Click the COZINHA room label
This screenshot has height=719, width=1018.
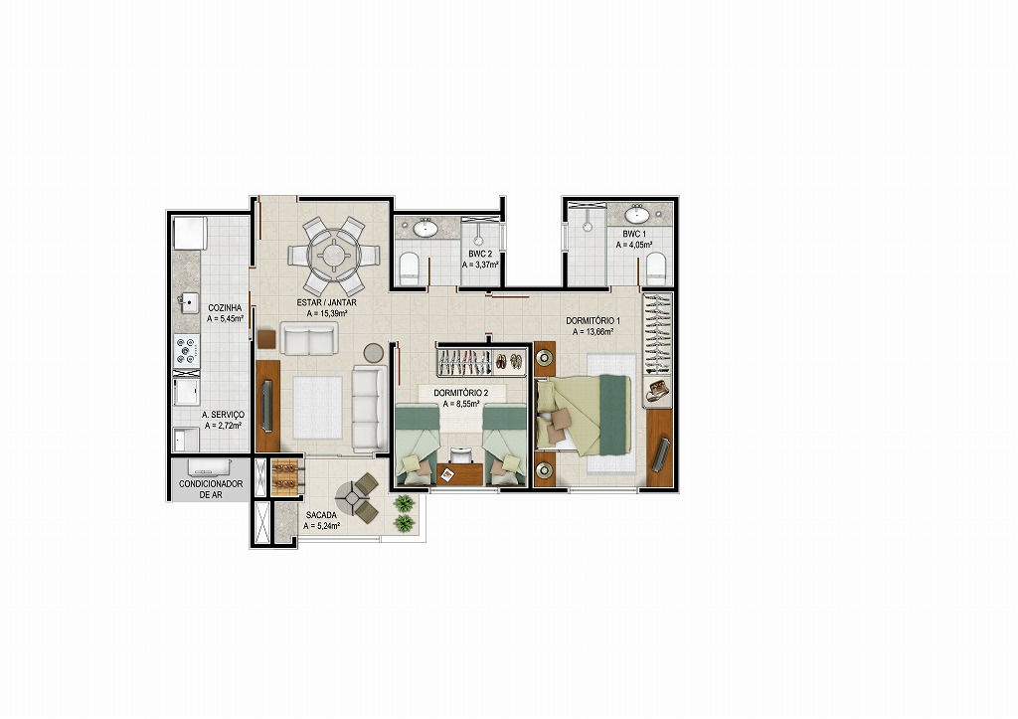click(x=225, y=308)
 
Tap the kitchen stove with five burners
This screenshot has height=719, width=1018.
click(x=187, y=349)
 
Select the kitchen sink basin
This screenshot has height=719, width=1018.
click(x=189, y=302)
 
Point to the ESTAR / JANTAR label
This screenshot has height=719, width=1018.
click(x=326, y=302)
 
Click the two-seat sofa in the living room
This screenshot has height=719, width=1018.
click(x=309, y=338)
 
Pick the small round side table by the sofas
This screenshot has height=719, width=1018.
click(x=374, y=353)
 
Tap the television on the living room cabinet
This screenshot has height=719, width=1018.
click(x=266, y=406)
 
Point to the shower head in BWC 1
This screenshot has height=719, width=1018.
click(x=587, y=227)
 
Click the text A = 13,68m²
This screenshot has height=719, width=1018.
click(x=594, y=332)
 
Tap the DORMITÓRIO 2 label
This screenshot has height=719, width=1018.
click(x=460, y=393)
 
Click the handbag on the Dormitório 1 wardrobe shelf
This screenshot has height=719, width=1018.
click(x=658, y=389)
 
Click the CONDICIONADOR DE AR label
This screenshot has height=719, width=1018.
click(x=211, y=489)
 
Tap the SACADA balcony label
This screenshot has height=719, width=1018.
click(x=321, y=516)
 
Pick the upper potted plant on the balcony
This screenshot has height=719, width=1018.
click(x=404, y=502)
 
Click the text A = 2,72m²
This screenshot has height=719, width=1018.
click(x=223, y=426)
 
